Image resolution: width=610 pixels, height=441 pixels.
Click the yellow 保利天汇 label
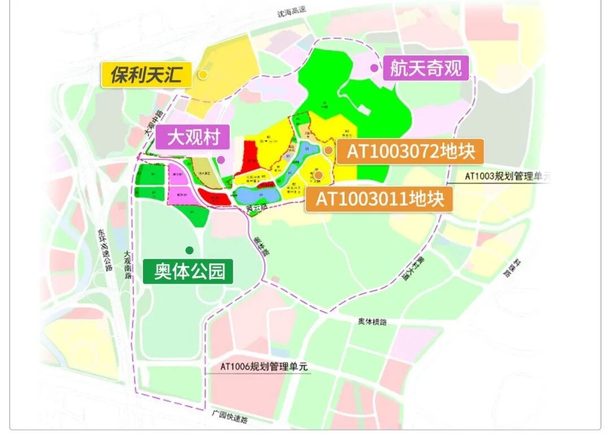146,75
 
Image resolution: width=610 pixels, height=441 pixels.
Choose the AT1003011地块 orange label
379,199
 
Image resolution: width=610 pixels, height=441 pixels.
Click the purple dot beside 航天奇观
374,68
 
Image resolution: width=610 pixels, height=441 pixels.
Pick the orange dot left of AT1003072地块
328,150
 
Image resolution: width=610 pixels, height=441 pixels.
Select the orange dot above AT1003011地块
319,175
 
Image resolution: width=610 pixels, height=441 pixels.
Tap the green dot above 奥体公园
189,250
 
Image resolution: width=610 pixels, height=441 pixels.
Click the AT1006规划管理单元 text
264,366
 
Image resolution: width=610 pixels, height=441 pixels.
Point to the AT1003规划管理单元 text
507,176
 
